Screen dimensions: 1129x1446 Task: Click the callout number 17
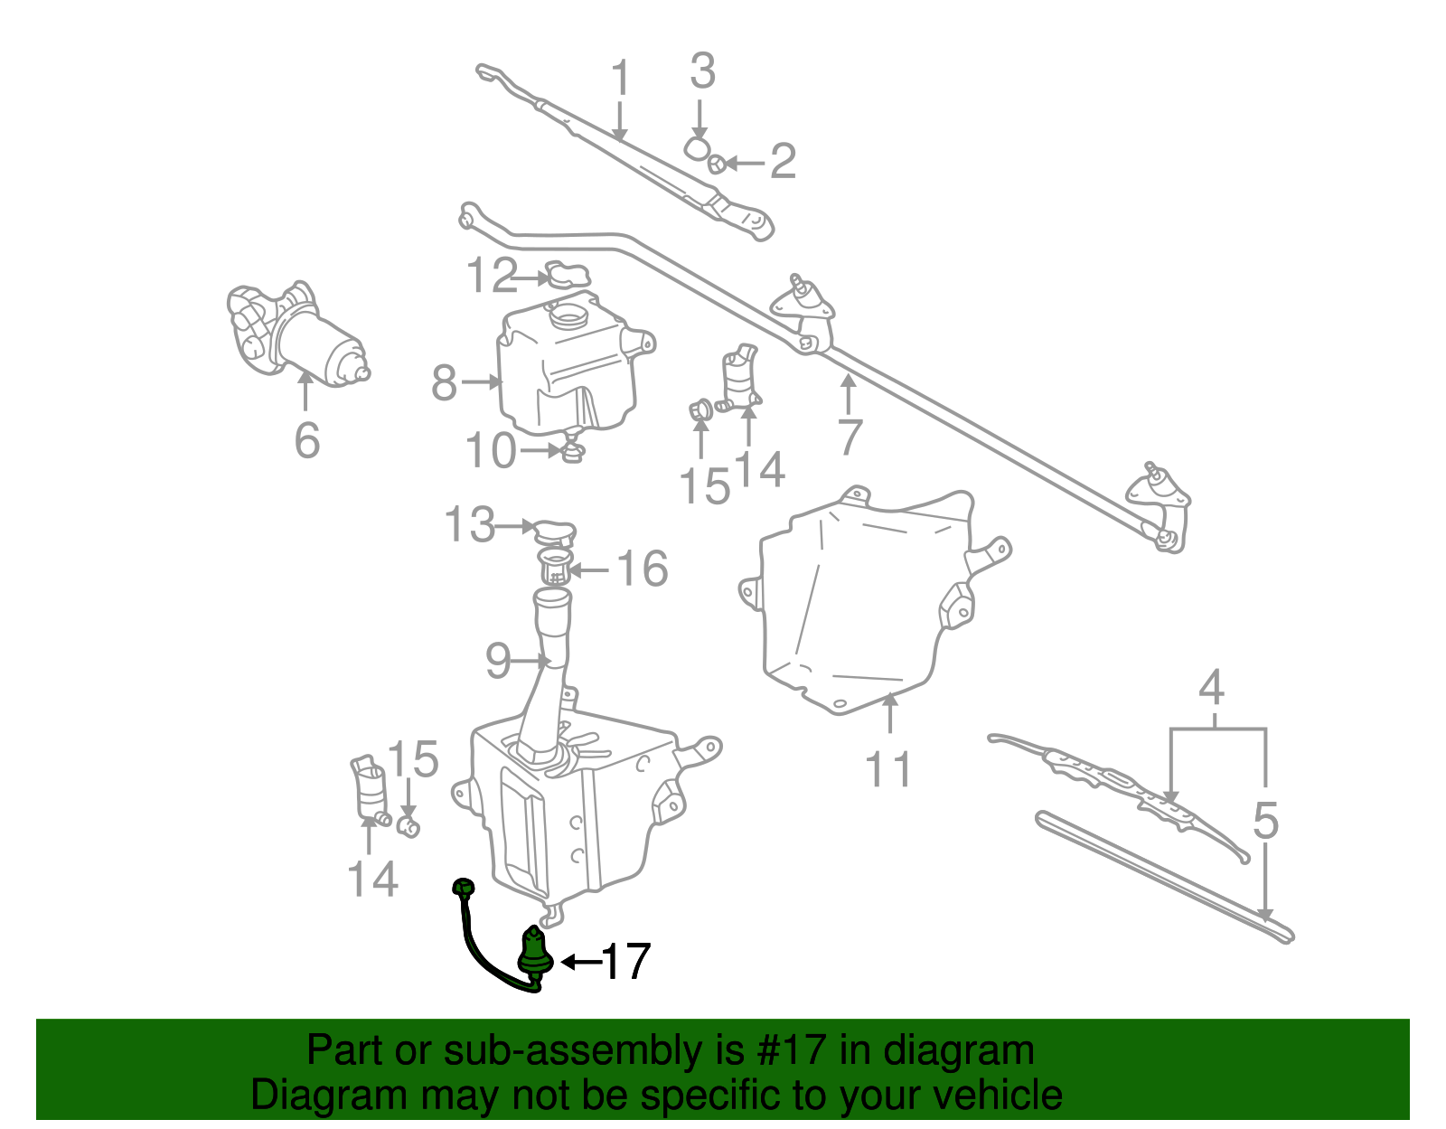pos(625,962)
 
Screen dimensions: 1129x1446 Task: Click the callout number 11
pos(888,769)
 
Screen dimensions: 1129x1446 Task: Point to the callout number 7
pos(849,437)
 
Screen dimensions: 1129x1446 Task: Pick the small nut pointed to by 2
pos(715,164)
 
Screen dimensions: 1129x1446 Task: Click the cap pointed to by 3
pos(696,146)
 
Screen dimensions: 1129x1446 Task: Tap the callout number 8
pos(444,382)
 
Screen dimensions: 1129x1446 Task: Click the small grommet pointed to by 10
pos(572,449)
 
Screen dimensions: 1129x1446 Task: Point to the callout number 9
pos(498,661)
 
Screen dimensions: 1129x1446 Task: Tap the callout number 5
pos(1265,822)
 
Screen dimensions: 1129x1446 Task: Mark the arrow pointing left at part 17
pos(579,962)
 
